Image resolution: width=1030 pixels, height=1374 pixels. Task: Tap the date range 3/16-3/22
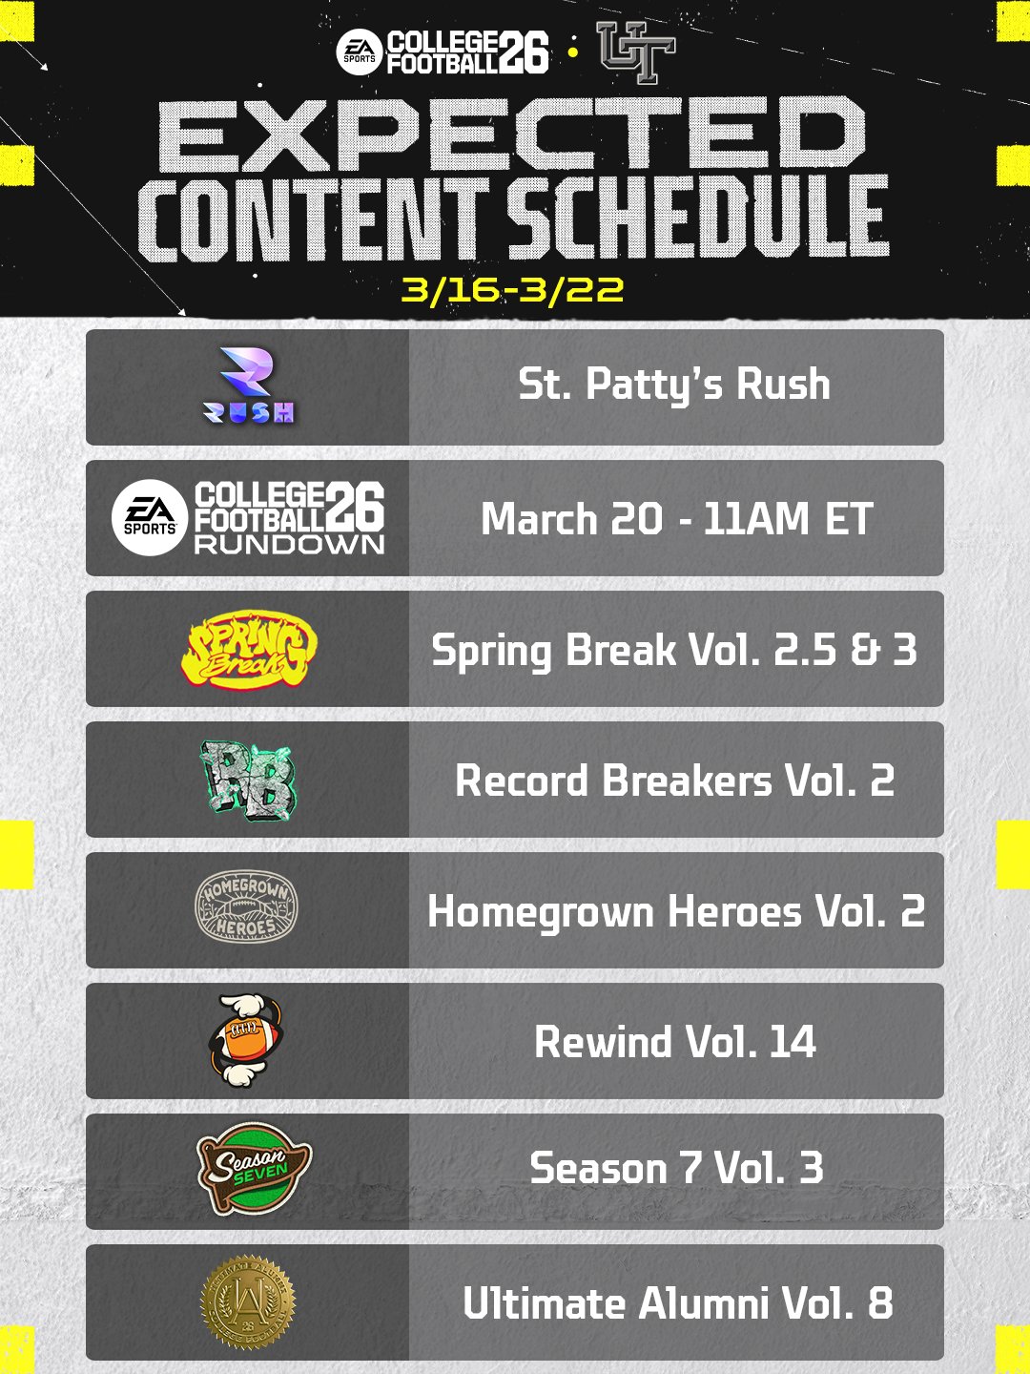pyautogui.click(x=512, y=290)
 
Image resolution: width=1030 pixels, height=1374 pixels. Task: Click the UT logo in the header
pyautogui.click(x=636, y=52)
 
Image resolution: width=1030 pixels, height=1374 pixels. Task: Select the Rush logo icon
pyautogui.click(x=248, y=385)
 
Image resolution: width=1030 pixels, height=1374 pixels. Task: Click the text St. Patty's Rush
pyautogui.click(x=674, y=384)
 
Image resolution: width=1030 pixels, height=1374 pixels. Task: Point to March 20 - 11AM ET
pyautogui.click(x=676, y=519)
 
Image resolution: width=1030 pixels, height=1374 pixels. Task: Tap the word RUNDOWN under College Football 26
pyautogui.click(x=289, y=545)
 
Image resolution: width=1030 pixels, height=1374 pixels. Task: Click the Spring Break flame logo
pyautogui.click(x=249, y=649)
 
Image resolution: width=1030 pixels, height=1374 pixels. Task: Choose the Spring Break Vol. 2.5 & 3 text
pyautogui.click(x=674, y=651)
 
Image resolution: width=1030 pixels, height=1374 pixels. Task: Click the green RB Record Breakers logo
pyautogui.click(x=248, y=780)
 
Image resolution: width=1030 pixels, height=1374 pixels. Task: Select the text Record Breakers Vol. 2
pyautogui.click(x=675, y=781)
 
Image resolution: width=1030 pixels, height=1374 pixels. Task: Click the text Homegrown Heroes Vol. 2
pyautogui.click(x=676, y=911)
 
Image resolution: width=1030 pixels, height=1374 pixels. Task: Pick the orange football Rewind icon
pyautogui.click(x=246, y=1040)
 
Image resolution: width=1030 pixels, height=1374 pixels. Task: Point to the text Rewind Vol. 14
pyautogui.click(x=675, y=1042)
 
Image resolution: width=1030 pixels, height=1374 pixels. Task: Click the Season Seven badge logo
pyautogui.click(x=254, y=1169)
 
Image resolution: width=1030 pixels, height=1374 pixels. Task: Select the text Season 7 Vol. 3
pyautogui.click(x=677, y=1168)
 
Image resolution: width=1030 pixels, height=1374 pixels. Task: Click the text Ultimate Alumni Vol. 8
pyautogui.click(x=678, y=1303)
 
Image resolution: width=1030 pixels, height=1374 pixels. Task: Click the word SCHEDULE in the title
pyautogui.click(x=696, y=218)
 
